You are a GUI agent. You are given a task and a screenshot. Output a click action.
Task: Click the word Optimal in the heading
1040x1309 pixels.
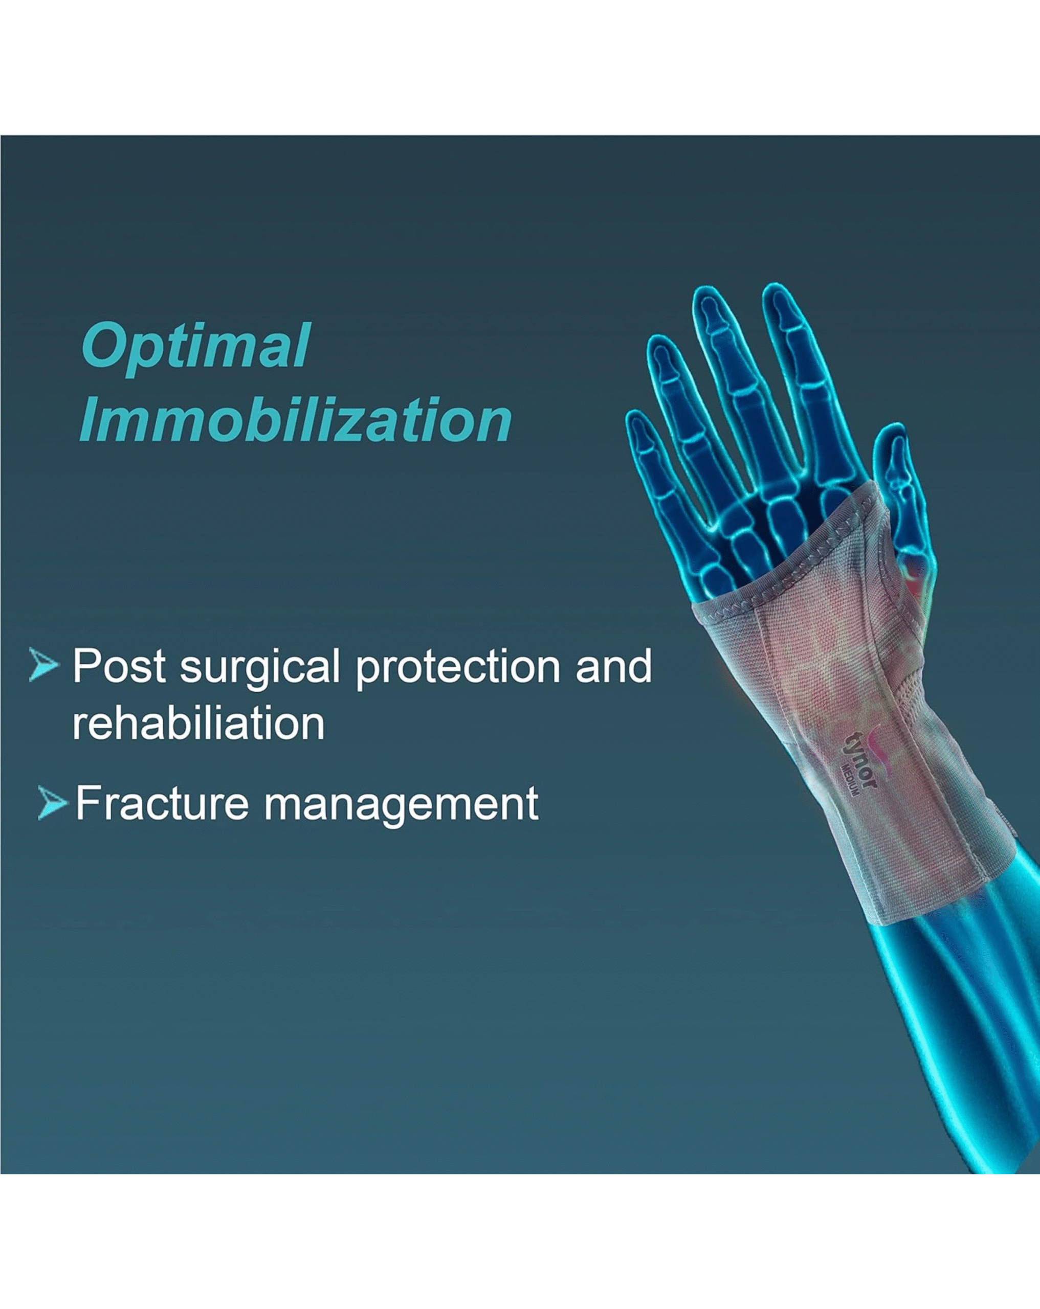click(x=195, y=347)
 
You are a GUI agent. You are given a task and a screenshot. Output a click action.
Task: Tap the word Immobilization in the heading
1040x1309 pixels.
click(x=296, y=420)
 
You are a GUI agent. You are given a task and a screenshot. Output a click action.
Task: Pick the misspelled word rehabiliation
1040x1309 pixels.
click(x=198, y=723)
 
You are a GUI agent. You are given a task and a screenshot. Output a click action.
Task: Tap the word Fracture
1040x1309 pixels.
click(x=162, y=803)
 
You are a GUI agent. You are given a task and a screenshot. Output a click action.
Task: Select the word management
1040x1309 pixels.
click(x=401, y=805)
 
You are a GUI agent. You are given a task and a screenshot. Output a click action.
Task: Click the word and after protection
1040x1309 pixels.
click(x=613, y=666)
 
